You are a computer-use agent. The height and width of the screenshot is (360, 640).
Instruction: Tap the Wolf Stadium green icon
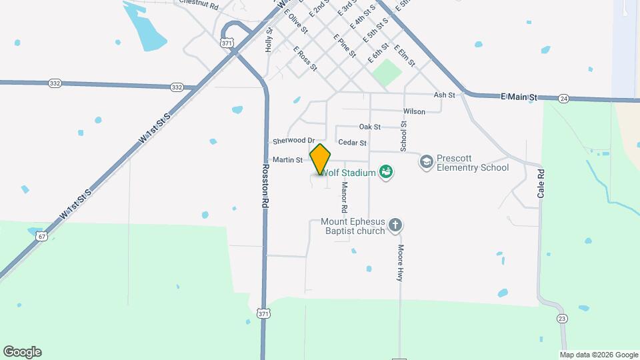pos(385,173)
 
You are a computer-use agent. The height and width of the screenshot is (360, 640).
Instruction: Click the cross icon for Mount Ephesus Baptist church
pos(395,225)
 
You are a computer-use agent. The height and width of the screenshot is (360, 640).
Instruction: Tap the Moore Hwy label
pos(401,263)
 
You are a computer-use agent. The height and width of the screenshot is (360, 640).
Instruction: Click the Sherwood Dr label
pos(293,141)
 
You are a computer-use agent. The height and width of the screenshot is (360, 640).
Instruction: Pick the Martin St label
pos(287,160)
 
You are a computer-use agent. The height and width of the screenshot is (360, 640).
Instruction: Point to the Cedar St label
pos(352,143)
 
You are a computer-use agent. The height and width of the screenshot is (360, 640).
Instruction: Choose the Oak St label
pos(369,127)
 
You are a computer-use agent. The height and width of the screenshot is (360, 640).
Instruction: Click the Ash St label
pos(443,95)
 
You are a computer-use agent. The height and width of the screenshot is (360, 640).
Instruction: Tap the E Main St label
pos(519,97)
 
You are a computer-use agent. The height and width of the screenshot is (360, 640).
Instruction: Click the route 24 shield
pos(564,99)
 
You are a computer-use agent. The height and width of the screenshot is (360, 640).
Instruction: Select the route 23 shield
pos(562,319)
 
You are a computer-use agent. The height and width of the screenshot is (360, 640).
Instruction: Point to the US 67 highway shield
pos(42,236)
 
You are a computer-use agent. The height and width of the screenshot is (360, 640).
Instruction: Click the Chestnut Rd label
pos(199,5)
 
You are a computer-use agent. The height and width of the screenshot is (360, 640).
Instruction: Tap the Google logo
pos(22,352)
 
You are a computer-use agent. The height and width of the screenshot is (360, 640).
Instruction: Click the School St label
pos(403,137)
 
